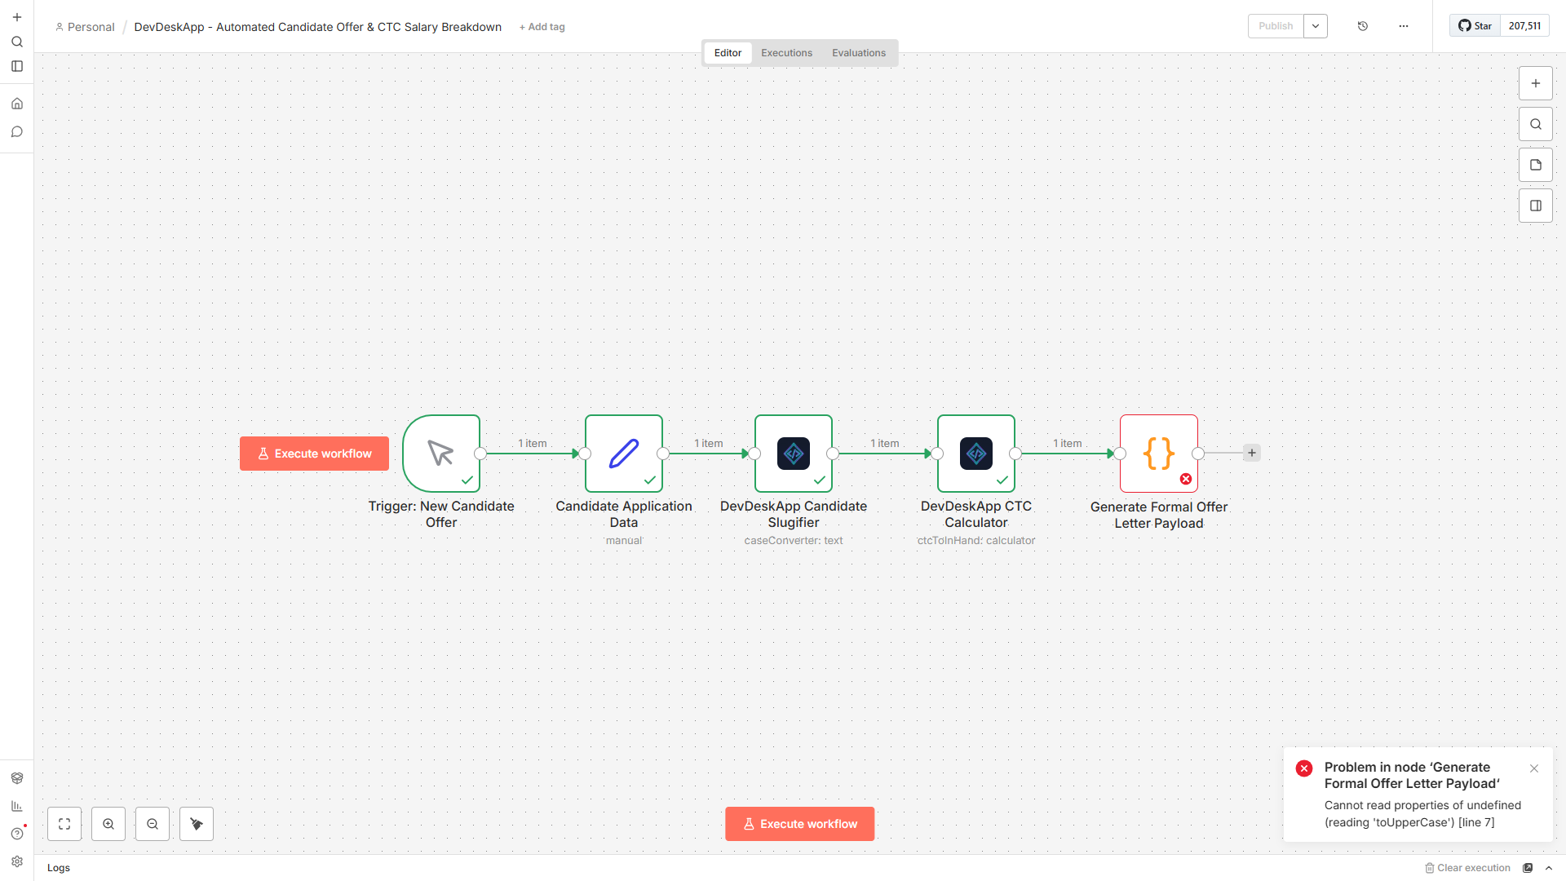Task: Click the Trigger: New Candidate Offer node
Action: (x=441, y=454)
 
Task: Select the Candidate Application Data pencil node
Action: (x=624, y=454)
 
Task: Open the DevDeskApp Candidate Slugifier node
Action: (x=794, y=454)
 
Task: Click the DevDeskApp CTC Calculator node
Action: (x=976, y=454)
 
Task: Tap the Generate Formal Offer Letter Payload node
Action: (x=1159, y=454)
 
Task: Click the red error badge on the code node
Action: (x=1186, y=479)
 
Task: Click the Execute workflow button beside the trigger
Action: (x=314, y=454)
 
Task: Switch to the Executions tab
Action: (x=786, y=53)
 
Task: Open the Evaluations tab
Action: (x=859, y=53)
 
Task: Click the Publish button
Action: (x=1276, y=26)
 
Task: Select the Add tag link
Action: (x=542, y=27)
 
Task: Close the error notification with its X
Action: (x=1534, y=768)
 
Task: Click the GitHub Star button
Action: (x=1475, y=26)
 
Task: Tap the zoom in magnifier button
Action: (x=108, y=824)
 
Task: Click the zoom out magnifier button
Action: (x=153, y=824)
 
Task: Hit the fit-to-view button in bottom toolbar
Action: (x=64, y=824)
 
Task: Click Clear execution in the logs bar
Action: (x=1467, y=868)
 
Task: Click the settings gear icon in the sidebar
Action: (x=17, y=861)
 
